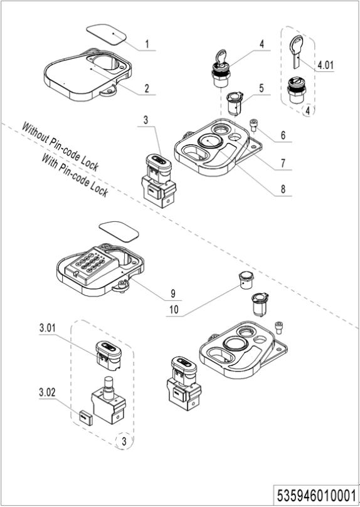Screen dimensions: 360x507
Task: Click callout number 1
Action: (147, 44)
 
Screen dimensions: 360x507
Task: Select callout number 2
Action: (147, 88)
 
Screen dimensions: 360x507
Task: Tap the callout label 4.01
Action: (325, 65)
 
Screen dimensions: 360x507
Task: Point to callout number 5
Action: (262, 88)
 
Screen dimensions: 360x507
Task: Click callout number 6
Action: (283, 135)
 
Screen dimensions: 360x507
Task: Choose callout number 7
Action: (283, 164)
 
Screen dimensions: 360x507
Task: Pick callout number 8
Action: (283, 189)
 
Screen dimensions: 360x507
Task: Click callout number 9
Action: (173, 293)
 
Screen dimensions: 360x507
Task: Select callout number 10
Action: (174, 310)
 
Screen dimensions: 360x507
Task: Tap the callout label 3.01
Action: (47, 328)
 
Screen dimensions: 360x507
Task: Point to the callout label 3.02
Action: (47, 393)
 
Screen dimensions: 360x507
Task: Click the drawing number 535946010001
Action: (316, 495)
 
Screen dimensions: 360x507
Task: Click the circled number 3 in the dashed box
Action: (124, 441)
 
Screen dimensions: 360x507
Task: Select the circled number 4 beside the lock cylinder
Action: (307, 110)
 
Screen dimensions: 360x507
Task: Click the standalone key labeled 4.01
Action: (297, 51)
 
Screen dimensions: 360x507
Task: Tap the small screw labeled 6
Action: (253, 125)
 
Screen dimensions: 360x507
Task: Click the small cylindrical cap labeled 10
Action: (246, 280)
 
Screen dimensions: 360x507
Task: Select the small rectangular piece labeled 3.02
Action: (85, 417)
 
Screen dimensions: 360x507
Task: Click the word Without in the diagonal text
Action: (34, 133)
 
